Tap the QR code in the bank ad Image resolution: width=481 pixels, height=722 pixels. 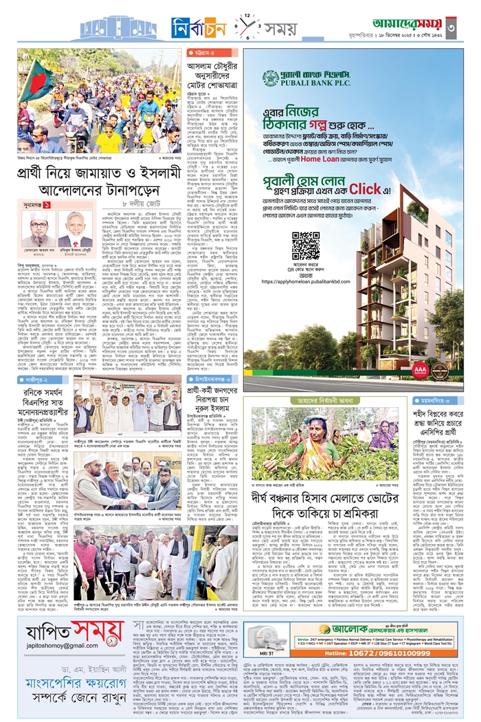[x=305, y=246]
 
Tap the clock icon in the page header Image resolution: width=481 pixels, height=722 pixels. [x=246, y=28]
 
